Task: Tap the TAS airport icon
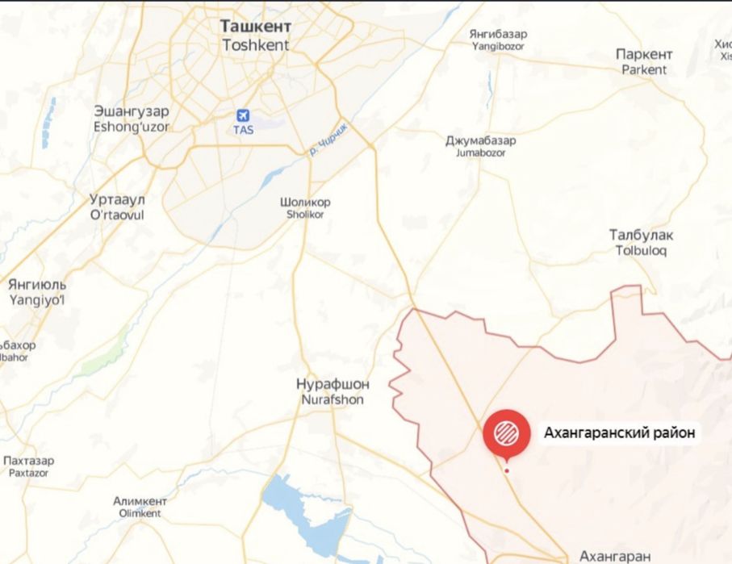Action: click(243, 116)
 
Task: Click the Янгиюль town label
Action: click(37, 285)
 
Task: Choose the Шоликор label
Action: click(304, 202)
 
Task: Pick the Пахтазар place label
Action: click(29, 461)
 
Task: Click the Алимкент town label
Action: click(140, 500)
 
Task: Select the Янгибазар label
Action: click(498, 35)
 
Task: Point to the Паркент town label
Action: click(644, 55)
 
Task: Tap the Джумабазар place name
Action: click(481, 140)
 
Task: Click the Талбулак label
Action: click(641, 235)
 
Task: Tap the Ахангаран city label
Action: click(615, 556)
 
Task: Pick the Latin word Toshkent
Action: click(255, 45)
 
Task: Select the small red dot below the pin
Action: click(507, 470)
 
